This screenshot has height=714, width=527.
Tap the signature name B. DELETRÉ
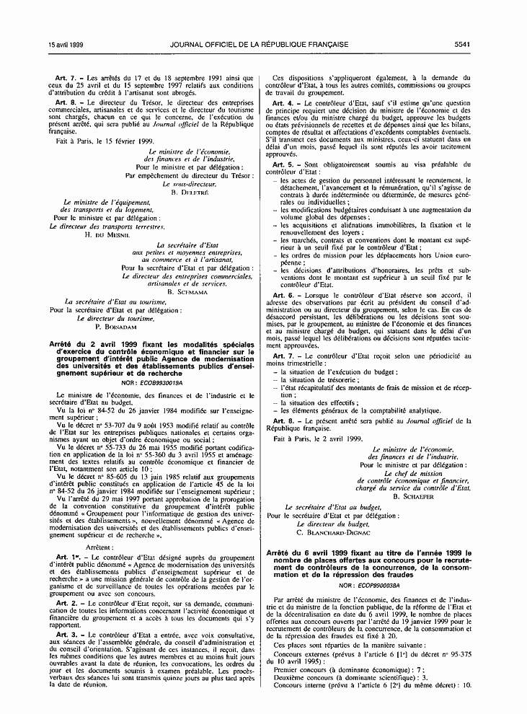[x=189, y=192]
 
